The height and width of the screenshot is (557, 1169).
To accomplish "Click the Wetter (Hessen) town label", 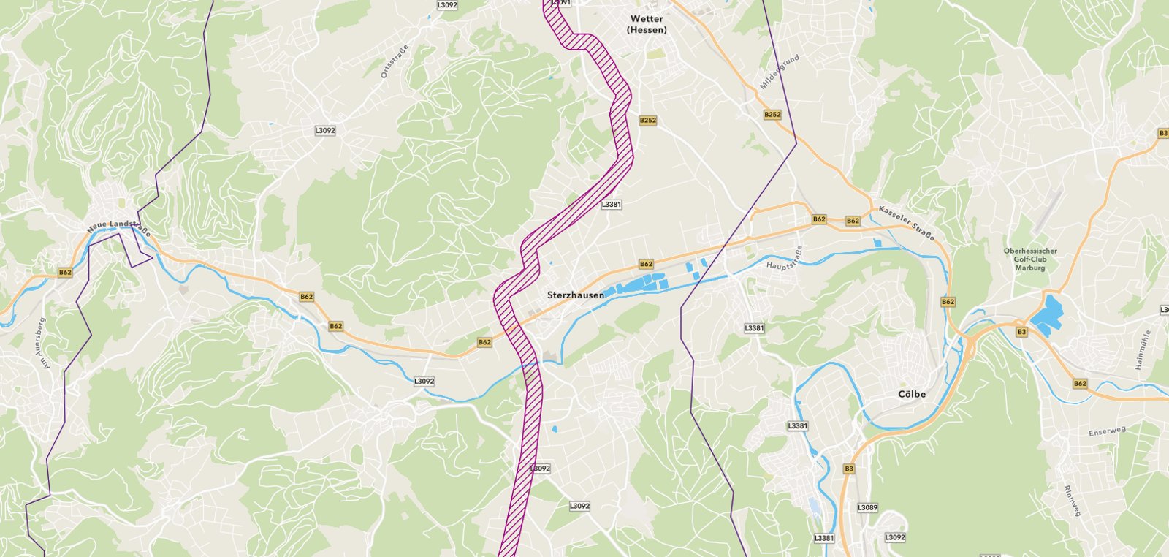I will click(x=647, y=24).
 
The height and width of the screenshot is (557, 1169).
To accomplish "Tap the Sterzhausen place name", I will click(x=576, y=295).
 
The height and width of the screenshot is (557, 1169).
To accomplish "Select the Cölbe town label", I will click(x=912, y=394).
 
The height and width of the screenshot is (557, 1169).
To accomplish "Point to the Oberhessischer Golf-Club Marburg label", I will click(x=1030, y=259).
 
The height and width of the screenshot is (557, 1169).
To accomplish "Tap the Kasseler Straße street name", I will click(x=907, y=222).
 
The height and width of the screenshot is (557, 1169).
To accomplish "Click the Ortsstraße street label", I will click(x=395, y=62).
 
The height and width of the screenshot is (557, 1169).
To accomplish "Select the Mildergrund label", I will click(x=780, y=72).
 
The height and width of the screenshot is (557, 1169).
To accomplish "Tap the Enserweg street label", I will click(x=1107, y=432).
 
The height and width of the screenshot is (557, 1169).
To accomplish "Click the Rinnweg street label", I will click(x=1072, y=501).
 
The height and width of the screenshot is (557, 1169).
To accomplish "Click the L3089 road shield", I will click(x=867, y=507).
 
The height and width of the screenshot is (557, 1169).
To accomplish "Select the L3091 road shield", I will click(x=560, y=3).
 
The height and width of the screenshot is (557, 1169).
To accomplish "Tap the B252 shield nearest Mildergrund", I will click(x=772, y=115).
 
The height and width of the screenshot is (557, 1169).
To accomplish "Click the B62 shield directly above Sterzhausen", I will click(x=646, y=264).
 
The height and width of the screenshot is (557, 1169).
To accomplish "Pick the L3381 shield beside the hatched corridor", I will click(x=611, y=205).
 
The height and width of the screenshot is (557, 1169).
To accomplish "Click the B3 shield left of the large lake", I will click(x=1021, y=332).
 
